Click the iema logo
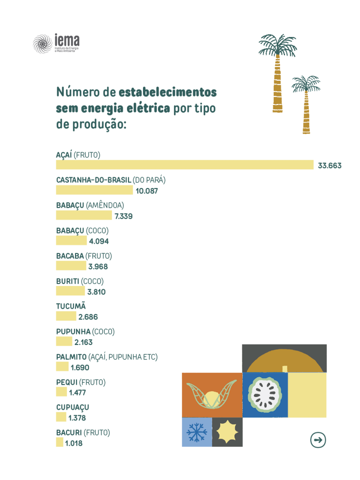(56, 44)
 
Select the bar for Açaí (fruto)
(184, 165)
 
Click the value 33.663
(330, 165)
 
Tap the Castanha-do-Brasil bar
(94, 190)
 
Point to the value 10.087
(147, 191)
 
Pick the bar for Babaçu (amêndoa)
(84, 216)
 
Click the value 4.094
(99, 241)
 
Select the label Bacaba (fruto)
(84, 256)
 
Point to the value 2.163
(83, 343)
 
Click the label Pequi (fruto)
(81, 382)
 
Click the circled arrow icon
(318, 440)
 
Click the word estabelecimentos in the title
(168, 91)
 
